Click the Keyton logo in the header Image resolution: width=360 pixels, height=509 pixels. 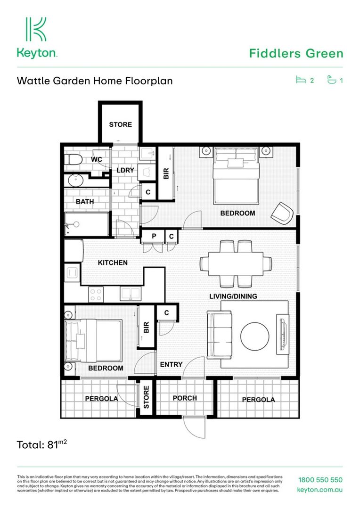click(x=37, y=38)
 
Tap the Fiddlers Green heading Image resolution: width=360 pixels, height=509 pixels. click(x=296, y=53)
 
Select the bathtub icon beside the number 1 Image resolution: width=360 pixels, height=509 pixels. click(x=332, y=80)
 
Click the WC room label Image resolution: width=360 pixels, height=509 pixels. click(x=97, y=160)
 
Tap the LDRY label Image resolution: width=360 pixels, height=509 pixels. click(x=125, y=170)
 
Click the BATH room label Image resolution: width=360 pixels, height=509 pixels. click(x=85, y=201)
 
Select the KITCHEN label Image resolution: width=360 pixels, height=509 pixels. click(x=113, y=263)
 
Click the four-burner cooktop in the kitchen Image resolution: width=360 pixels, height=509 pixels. click(x=96, y=295)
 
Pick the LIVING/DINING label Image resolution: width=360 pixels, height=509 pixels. click(x=233, y=296)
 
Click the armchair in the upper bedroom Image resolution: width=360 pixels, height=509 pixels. click(x=282, y=213)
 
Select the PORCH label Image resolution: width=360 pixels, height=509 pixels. click(x=185, y=398)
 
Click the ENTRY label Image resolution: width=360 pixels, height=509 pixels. click(x=171, y=364)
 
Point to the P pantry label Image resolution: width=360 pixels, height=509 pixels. click(x=154, y=236)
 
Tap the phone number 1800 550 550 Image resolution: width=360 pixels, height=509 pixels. click(x=320, y=480)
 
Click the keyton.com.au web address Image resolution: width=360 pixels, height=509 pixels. click(x=320, y=490)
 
